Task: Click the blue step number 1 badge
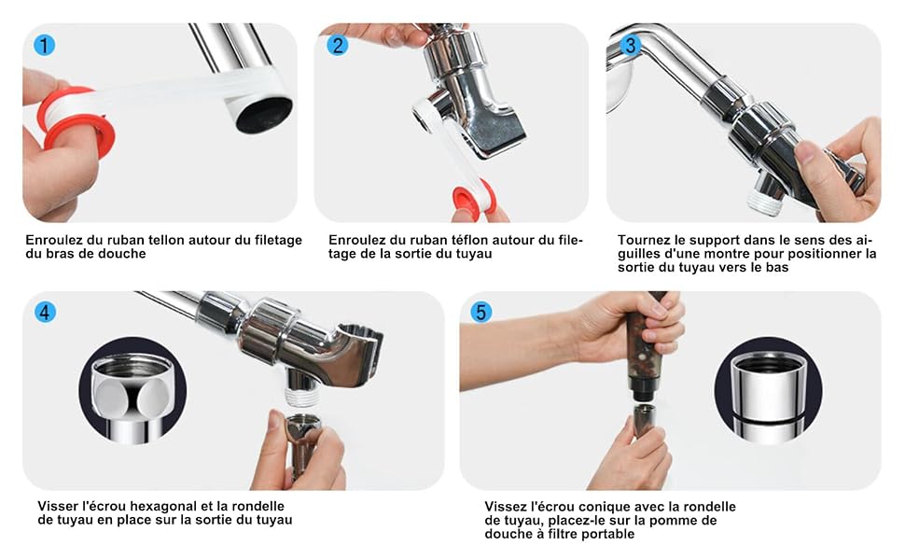click(45, 45)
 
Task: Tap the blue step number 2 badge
click(338, 45)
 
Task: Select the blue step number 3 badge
click(631, 45)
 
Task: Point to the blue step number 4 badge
click(45, 313)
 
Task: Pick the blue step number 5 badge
click(481, 313)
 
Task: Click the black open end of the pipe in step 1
click(264, 114)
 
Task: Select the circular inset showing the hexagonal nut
click(132, 391)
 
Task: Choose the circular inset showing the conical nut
click(768, 391)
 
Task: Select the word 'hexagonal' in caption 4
click(162, 506)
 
